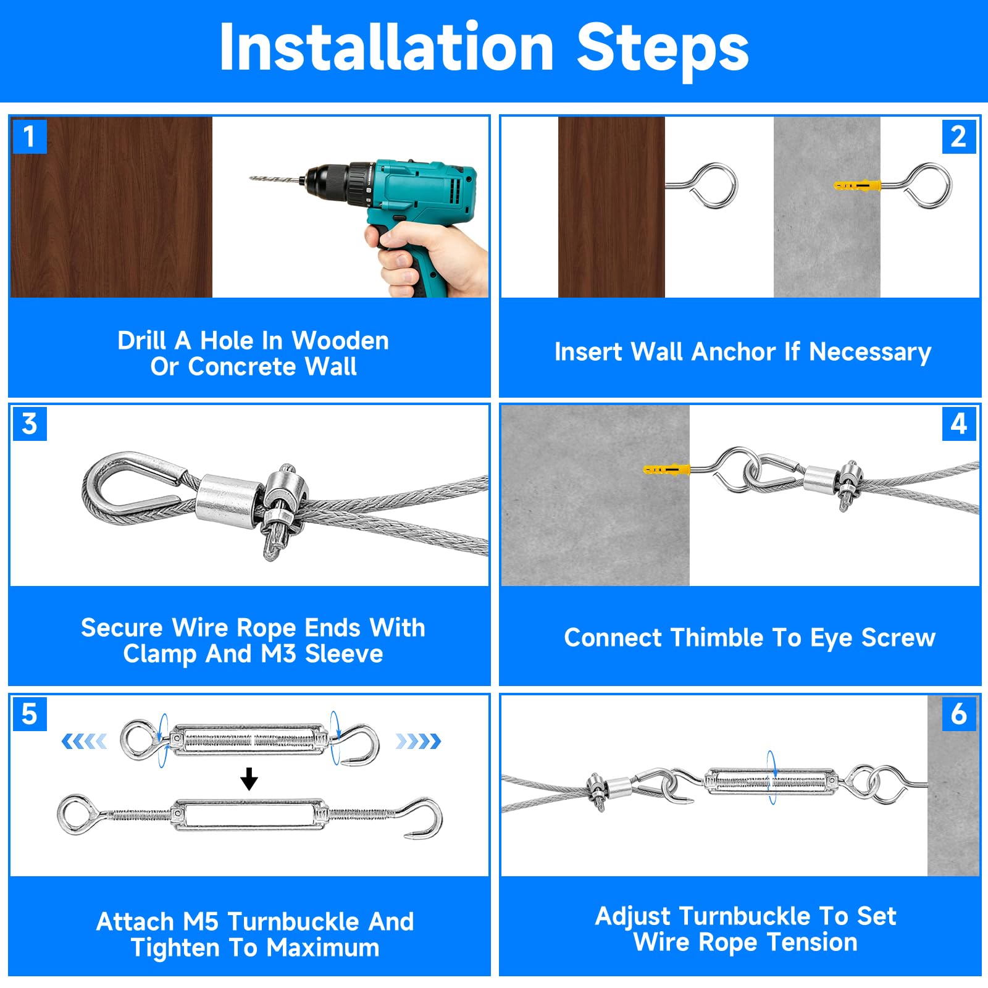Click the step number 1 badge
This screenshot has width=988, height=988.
coord(29,136)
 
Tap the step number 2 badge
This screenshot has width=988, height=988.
coord(959,136)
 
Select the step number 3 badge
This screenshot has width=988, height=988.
coord(29,424)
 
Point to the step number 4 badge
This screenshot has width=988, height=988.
coord(959,424)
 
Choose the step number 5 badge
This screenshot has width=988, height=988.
coord(29,713)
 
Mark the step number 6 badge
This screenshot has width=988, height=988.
coord(959,713)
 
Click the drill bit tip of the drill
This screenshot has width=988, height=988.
coord(251,178)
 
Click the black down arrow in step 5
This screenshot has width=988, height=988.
coord(249,779)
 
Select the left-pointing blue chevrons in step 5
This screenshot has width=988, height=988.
coord(84,740)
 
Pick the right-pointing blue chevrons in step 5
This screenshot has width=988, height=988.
coord(418,740)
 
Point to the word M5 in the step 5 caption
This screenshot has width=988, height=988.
coord(201,921)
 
